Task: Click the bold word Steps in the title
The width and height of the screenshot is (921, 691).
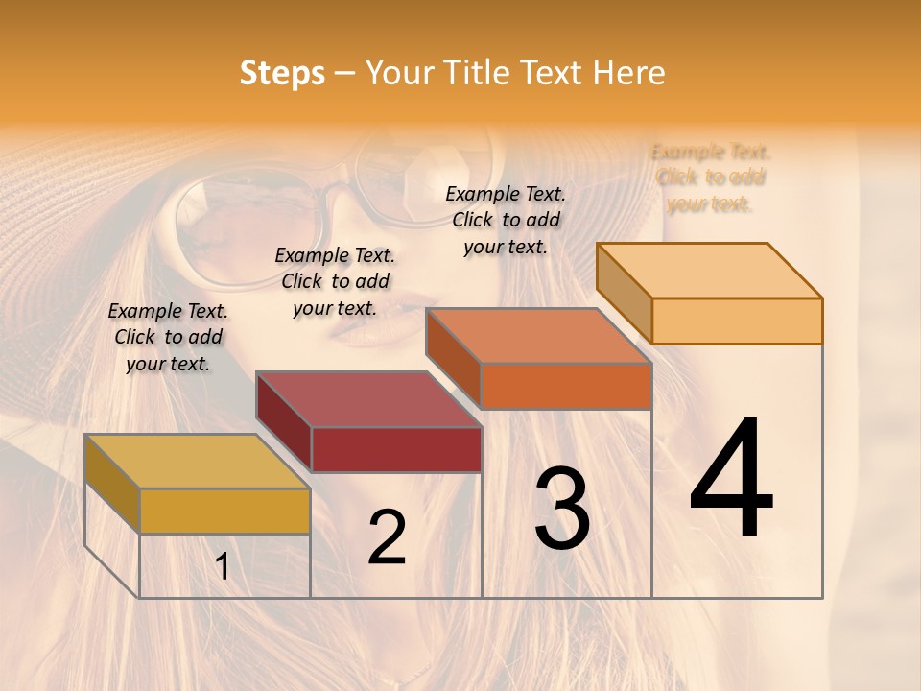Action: (x=282, y=73)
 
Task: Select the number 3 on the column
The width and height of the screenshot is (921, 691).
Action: (x=561, y=509)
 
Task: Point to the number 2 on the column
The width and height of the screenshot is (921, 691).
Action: (x=387, y=537)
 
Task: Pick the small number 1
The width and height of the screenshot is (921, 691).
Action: (x=223, y=567)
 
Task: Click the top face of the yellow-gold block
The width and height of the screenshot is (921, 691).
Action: (x=197, y=462)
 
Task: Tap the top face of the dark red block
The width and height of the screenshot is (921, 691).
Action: (x=368, y=399)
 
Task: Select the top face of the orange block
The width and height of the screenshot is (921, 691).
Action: (x=539, y=336)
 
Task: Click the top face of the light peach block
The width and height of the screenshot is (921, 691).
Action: (x=710, y=271)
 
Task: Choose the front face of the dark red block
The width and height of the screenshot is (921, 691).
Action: (x=396, y=450)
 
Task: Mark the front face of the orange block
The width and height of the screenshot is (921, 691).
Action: (x=566, y=386)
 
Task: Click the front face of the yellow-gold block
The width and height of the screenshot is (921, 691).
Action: (x=224, y=511)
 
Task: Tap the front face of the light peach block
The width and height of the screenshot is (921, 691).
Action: (x=737, y=321)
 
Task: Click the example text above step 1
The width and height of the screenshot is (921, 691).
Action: (x=168, y=337)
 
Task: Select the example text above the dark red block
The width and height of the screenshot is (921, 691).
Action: (x=335, y=281)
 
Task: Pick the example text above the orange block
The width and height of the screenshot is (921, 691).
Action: (x=506, y=220)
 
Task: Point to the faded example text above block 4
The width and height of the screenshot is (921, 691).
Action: (x=710, y=178)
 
